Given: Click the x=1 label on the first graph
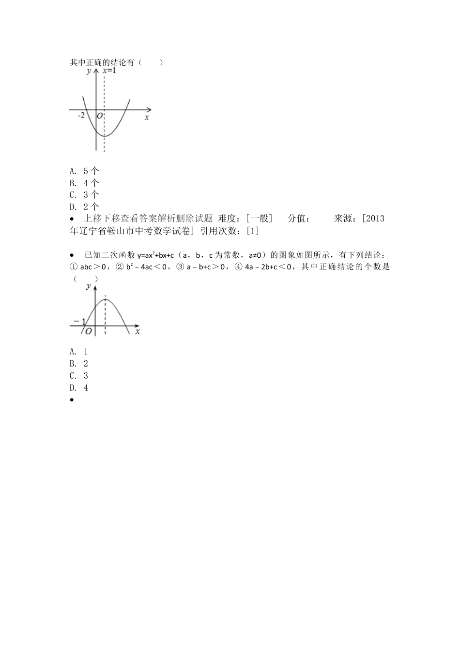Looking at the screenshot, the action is (x=109, y=71).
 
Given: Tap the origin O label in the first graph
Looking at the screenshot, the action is (x=100, y=116).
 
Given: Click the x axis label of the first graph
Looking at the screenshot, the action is (x=147, y=117).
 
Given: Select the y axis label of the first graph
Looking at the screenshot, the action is (x=89, y=71).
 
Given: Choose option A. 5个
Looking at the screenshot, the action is (x=84, y=171).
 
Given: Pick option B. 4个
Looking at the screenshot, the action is (x=84, y=183).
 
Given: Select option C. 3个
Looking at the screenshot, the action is (x=84, y=195).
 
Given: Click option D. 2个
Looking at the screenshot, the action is (x=84, y=207).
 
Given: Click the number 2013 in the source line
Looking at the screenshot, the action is (x=376, y=219).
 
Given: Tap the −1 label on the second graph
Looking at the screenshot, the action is (x=79, y=322).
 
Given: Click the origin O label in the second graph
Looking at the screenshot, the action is (x=88, y=331).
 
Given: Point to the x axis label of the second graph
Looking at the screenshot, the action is (x=138, y=331).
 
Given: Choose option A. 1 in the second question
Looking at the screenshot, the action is (x=79, y=352).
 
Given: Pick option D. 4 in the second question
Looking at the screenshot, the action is (x=79, y=388).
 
